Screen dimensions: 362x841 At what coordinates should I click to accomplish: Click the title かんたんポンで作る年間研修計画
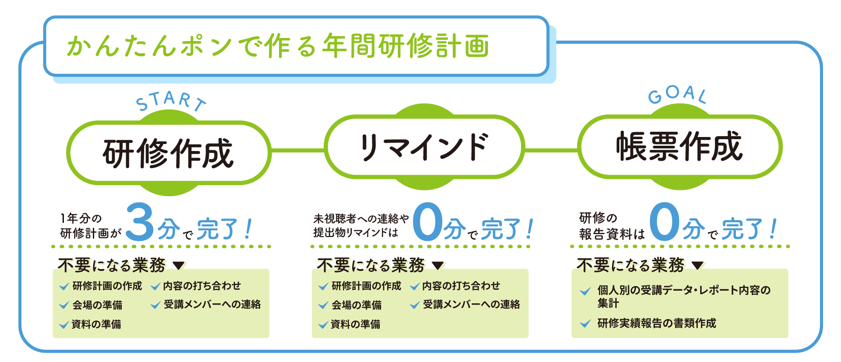(x=278, y=46)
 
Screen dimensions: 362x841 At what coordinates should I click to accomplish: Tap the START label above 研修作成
(x=170, y=102)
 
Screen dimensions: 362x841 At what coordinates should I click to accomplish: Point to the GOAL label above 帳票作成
(x=677, y=95)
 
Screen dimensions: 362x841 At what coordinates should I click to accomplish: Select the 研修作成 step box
(x=169, y=153)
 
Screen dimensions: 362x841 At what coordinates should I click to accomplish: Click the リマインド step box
(x=424, y=147)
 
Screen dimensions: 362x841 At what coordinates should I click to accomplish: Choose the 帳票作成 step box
(x=679, y=147)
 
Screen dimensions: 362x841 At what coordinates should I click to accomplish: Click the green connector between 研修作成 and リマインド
(x=298, y=151)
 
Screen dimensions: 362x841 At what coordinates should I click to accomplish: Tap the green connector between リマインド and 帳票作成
(x=551, y=150)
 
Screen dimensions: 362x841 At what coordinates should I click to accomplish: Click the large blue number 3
(x=140, y=222)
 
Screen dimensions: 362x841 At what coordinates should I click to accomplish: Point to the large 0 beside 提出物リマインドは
(x=427, y=222)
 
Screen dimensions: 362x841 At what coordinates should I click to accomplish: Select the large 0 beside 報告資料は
(x=664, y=222)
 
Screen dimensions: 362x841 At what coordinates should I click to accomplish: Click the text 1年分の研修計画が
(x=90, y=225)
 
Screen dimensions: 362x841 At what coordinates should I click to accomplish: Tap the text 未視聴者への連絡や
(x=361, y=218)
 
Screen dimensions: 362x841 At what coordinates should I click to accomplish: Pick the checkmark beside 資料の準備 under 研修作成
(x=64, y=325)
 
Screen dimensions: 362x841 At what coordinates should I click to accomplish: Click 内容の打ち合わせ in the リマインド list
(x=461, y=286)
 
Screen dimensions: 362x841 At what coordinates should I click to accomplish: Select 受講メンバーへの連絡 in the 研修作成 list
(x=212, y=305)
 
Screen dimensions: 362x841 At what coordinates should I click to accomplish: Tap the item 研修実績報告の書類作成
(x=657, y=323)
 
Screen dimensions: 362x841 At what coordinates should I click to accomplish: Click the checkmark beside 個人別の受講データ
(x=585, y=291)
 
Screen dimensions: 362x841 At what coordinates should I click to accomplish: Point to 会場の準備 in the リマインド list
(x=356, y=305)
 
